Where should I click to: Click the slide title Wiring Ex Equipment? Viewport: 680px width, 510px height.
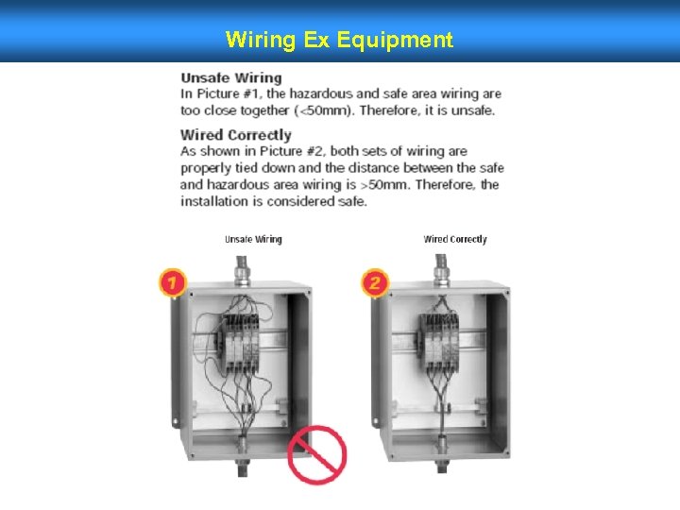point(339,40)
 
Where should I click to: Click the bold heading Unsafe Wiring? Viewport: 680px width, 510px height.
point(231,78)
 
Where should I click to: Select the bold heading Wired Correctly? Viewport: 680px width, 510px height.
point(235,135)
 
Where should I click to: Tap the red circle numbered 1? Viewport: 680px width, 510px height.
point(173,282)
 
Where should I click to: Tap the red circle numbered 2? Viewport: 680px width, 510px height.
point(375,282)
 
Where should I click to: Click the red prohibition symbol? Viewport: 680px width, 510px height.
point(317,454)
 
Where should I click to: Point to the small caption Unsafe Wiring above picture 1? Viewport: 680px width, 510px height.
point(253,239)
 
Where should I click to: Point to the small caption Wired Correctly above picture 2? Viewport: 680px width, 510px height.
point(455,239)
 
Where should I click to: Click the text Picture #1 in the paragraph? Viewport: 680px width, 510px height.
point(229,94)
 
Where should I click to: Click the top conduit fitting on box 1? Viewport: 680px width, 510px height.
point(242,271)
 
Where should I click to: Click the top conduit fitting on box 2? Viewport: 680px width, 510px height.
point(441,271)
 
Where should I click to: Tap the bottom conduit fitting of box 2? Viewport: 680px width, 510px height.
point(442,452)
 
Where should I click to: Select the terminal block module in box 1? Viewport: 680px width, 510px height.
point(241,344)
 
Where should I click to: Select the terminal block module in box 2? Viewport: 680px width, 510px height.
point(438,343)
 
